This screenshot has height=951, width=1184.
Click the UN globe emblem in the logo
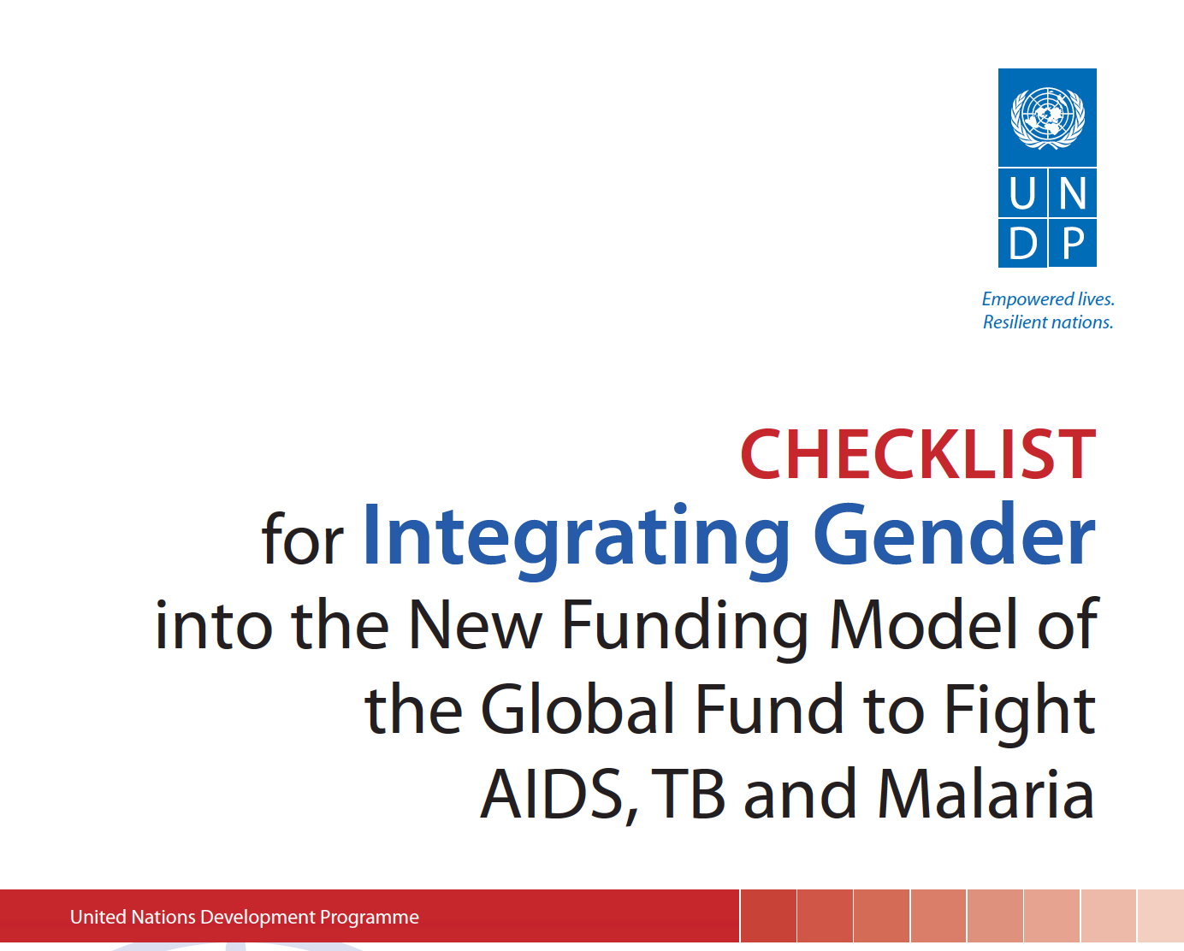coord(1048,118)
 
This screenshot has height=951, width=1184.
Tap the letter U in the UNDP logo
coord(1022,193)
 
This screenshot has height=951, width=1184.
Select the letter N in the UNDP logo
coord(1072,193)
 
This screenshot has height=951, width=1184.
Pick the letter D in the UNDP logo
coord(1023,243)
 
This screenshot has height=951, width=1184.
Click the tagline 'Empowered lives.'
coord(1048,299)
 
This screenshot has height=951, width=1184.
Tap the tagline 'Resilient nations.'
coord(1048,322)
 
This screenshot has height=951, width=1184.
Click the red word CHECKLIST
coord(918,454)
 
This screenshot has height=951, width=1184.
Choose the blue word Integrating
coord(576,540)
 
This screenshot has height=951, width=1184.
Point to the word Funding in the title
coord(685,629)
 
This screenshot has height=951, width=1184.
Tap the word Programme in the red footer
coord(370,918)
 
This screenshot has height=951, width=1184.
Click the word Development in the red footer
coord(258,918)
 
